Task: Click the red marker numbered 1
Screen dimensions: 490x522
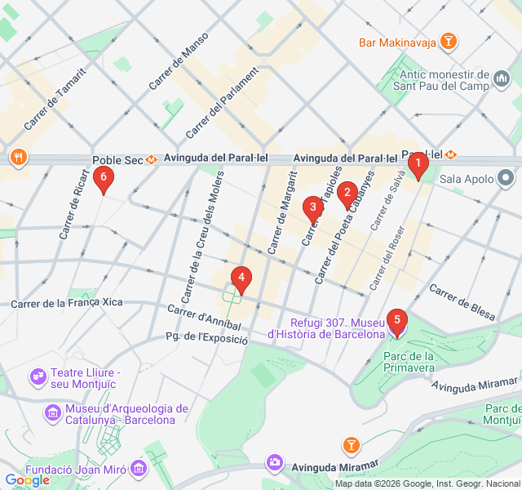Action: click(418, 167)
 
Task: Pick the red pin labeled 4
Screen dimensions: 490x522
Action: click(241, 278)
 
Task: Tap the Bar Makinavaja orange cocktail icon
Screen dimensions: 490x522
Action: click(448, 41)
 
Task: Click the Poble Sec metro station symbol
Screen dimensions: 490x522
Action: click(152, 160)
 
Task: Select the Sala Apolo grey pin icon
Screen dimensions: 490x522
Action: click(506, 177)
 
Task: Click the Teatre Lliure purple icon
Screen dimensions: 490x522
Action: click(38, 377)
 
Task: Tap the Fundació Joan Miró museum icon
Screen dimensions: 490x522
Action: click(139, 469)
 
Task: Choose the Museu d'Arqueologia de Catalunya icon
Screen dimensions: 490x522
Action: click(53, 413)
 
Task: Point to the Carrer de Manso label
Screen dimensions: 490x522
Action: click(179, 60)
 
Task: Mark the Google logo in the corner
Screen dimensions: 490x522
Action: click(27, 480)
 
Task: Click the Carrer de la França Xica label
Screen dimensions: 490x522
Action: click(67, 303)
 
